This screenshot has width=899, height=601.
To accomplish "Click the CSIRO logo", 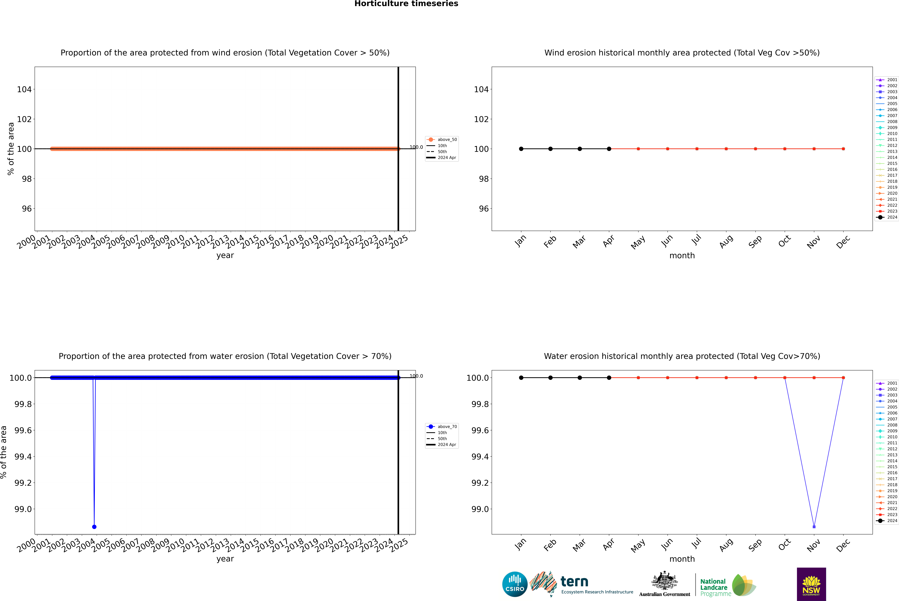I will [515, 584].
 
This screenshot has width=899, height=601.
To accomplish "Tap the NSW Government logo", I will [811, 584].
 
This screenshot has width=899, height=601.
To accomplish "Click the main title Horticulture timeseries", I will [406, 4].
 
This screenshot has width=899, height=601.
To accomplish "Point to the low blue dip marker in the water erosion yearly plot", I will [94, 527].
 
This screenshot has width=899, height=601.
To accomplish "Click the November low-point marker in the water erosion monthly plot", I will [814, 527].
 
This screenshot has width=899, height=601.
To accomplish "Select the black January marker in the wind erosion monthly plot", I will [521, 149].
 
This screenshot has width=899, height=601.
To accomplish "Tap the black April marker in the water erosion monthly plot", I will [609, 378].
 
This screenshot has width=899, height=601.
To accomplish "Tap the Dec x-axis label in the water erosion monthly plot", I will [843, 545].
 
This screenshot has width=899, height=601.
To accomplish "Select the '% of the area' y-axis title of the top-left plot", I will [11, 149].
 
